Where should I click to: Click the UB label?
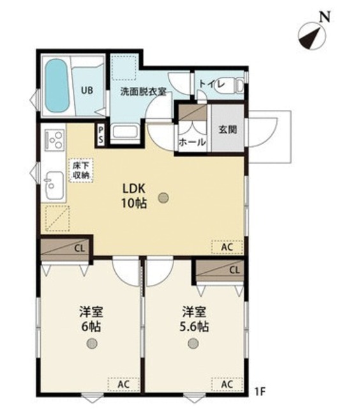point(87,90)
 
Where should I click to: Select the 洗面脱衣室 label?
point(144,91)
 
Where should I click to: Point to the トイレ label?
point(211,83)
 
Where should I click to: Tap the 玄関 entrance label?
point(227,128)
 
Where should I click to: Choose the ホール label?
point(192,142)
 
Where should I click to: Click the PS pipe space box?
point(100,135)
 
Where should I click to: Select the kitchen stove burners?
point(53,139)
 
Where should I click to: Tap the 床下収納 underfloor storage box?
point(80,170)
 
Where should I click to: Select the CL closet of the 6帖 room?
point(67,249)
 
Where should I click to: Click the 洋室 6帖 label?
point(92,319)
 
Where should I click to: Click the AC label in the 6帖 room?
point(123,384)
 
